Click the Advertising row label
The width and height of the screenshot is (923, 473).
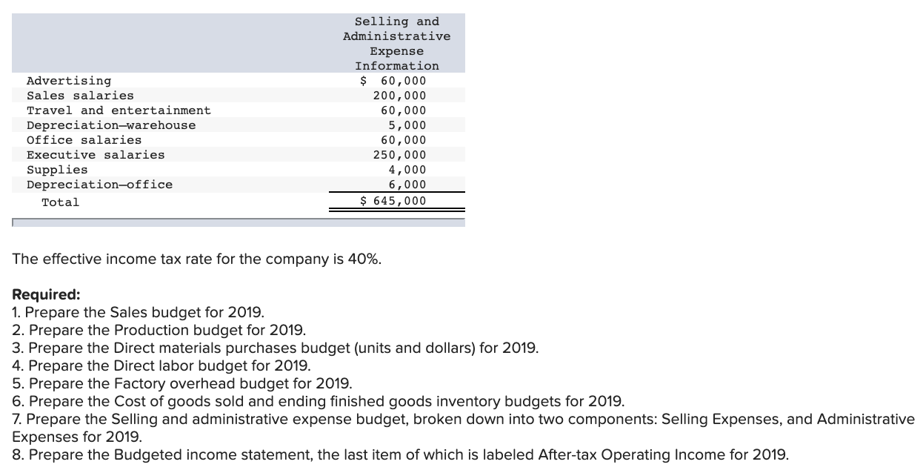click(69, 81)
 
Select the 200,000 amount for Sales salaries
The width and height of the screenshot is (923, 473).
click(399, 96)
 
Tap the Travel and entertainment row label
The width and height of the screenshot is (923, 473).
click(119, 110)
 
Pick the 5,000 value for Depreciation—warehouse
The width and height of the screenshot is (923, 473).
click(407, 125)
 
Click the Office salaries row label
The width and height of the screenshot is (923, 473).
click(84, 140)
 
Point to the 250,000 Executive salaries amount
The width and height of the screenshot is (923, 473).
click(399, 155)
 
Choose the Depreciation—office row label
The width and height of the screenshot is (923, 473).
click(99, 185)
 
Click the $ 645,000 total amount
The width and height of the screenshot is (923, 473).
click(393, 201)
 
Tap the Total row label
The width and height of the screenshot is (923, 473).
click(60, 202)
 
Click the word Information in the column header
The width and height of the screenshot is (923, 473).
click(396, 66)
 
